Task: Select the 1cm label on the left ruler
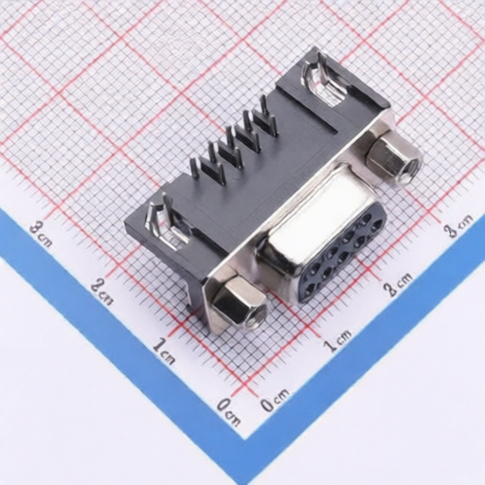point(164,350)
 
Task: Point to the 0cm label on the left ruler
point(229,411)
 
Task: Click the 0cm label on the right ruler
point(275,400)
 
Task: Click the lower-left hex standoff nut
point(240,301)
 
